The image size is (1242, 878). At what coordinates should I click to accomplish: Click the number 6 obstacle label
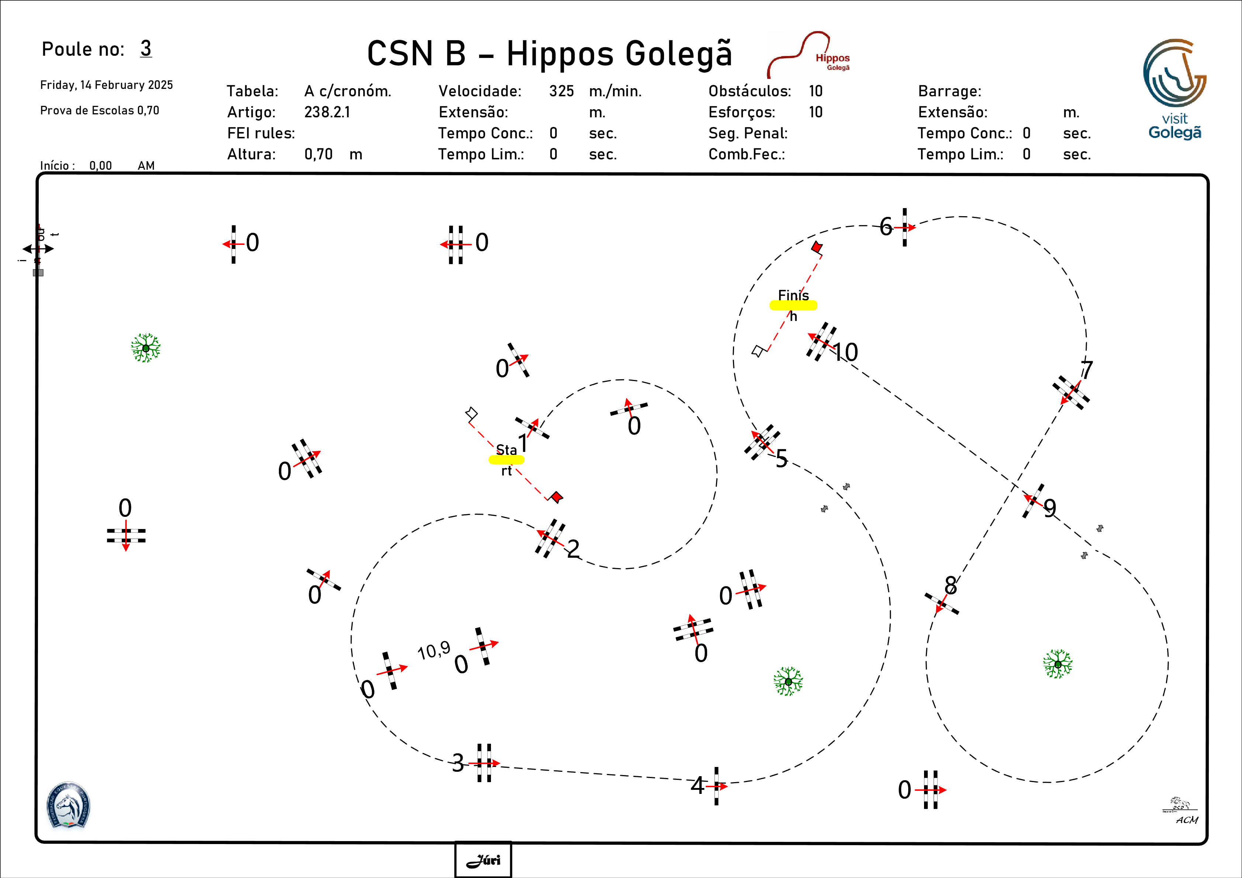click(x=886, y=227)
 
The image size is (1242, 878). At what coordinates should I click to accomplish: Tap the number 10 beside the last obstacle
click(x=845, y=353)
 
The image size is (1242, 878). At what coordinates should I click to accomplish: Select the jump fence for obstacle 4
click(x=716, y=785)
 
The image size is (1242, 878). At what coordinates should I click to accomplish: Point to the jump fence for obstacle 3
click(x=484, y=763)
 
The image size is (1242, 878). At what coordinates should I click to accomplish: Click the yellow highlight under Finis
click(x=793, y=305)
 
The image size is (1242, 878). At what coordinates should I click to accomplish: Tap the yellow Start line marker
click(x=506, y=460)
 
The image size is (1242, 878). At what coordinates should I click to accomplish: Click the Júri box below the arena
click(x=483, y=860)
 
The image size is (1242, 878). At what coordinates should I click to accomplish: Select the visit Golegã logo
click(x=1174, y=89)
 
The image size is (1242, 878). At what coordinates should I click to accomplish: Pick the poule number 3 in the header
click(x=145, y=48)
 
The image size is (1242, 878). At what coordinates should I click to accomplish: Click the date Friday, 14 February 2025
click(x=107, y=85)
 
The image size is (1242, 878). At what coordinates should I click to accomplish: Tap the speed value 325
click(x=561, y=91)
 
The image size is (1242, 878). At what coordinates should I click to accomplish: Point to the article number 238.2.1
click(x=327, y=112)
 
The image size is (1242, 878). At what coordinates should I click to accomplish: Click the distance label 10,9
click(x=434, y=650)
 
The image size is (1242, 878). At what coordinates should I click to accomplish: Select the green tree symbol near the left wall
click(x=145, y=348)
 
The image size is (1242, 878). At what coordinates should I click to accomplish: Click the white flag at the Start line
click(x=471, y=414)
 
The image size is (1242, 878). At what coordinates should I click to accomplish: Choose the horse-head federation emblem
click(x=68, y=805)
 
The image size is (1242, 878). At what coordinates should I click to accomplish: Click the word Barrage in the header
click(x=949, y=91)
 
